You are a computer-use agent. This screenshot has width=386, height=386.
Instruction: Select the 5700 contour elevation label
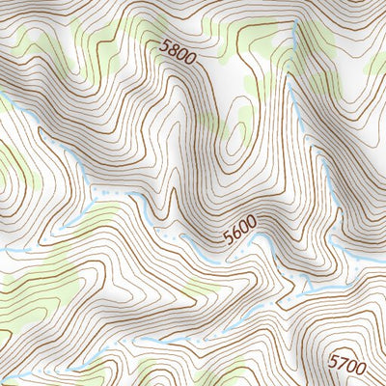click(347, 364)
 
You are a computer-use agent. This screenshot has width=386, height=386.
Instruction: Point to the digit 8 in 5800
click(175, 48)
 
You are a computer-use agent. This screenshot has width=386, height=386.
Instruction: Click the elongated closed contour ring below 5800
click(234, 145)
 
